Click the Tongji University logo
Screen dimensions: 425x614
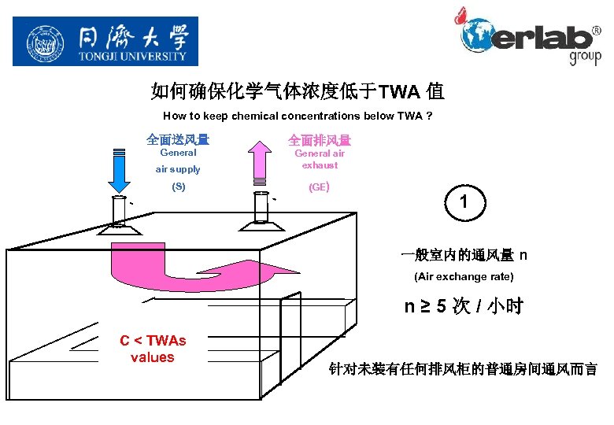click(105, 41)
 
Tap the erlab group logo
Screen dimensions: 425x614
click(530, 36)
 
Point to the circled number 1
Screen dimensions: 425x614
click(464, 202)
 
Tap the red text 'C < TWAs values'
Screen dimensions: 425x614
click(153, 349)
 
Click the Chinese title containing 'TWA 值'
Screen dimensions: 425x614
click(298, 92)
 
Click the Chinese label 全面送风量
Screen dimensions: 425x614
click(178, 140)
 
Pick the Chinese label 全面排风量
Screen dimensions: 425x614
click(320, 140)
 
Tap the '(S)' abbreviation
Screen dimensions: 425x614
click(179, 187)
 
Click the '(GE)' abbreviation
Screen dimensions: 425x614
click(320, 187)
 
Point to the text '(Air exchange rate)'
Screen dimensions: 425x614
click(464, 276)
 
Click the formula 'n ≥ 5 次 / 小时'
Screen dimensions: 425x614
click(464, 306)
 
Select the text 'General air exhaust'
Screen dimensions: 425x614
click(320, 159)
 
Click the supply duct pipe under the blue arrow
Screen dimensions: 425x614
click(118, 211)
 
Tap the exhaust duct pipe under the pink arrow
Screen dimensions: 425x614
click(261, 207)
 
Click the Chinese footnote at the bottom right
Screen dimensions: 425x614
click(463, 368)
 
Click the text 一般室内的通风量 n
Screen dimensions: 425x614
click(464, 255)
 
